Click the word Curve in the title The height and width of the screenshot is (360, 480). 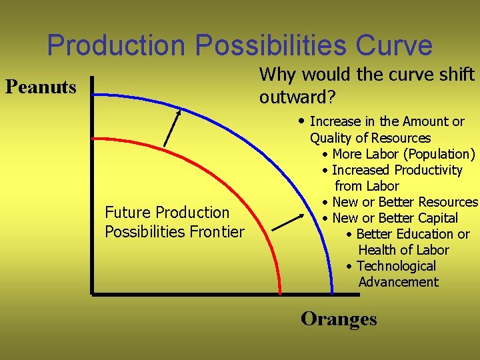coord(394,45)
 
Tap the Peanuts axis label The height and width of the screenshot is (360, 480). coord(41,87)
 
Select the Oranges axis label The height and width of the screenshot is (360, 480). coord(339,319)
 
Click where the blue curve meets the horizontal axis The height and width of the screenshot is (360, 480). coord(332,293)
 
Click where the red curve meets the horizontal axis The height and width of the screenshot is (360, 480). coord(279,293)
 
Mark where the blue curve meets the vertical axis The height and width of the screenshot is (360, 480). coord(93,95)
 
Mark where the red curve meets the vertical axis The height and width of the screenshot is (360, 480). coord(93,137)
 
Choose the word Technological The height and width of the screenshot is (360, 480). coord(396,266)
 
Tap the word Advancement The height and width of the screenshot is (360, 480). coord(398,282)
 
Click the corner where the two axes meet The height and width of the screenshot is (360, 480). coord(93,293)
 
